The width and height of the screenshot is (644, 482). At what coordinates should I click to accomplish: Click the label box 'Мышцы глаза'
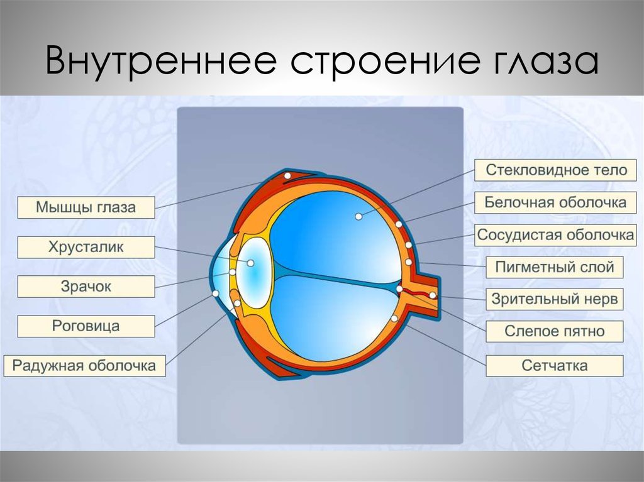pyautogui.click(x=86, y=207)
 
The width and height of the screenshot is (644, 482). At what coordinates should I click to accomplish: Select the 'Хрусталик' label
pyautogui.click(x=86, y=247)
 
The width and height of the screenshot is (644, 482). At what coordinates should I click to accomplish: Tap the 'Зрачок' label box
pyautogui.click(x=86, y=287)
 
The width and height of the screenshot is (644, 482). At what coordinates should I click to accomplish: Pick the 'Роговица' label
pyautogui.click(x=86, y=326)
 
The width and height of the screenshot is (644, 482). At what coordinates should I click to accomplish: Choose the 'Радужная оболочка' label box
pyautogui.click(x=85, y=365)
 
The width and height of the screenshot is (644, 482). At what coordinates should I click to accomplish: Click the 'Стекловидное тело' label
pyautogui.click(x=556, y=170)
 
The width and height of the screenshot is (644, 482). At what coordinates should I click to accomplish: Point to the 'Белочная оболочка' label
pyautogui.click(x=556, y=202)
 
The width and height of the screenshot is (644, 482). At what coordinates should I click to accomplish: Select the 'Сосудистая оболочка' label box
pyautogui.click(x=556, y=235)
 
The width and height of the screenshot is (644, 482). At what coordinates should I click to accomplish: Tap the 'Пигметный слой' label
pyautogui.click(x=555, y=267)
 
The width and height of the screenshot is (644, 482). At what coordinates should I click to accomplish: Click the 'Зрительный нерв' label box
pyautogui.click(x=555, y=299)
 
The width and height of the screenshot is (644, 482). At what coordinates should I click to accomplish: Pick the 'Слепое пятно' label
pyautogui.click(x=555, y=331)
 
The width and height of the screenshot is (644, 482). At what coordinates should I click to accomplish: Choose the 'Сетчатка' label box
pyautogui.click(x=555, y=365)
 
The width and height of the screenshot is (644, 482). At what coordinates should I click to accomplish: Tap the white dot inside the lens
pyautogui.click(x=250, y=263)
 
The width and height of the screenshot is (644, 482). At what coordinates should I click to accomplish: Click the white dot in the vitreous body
pyautogui.click(x=358, y=216)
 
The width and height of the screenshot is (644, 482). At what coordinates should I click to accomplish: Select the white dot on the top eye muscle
pyautogui.click(x=287, y=176)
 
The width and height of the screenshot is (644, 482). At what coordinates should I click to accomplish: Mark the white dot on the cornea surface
pyautogui.click(x=215, y=293)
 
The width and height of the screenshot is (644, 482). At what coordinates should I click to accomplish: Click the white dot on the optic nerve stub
pyautogui.click(x=433, y=295)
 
